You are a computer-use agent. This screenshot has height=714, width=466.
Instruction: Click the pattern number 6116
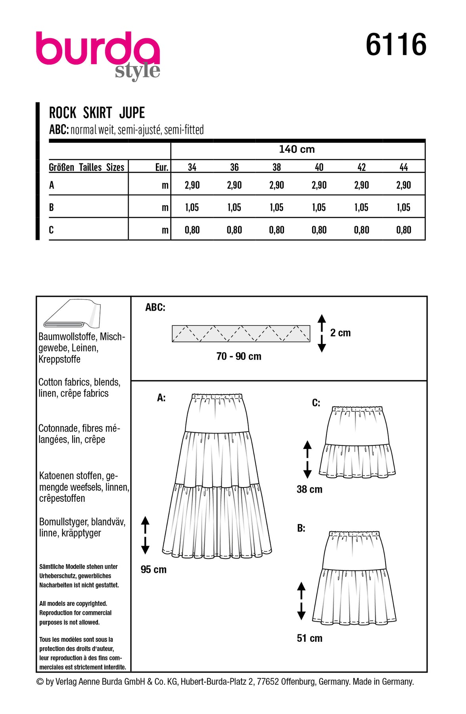point(396,45)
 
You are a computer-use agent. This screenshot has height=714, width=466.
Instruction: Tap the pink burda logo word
point(98,48)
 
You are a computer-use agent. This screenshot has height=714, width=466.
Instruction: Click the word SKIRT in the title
point(98,113)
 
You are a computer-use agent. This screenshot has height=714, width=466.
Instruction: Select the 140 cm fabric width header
point(297,150)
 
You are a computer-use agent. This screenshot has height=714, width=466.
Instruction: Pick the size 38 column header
point(277,167)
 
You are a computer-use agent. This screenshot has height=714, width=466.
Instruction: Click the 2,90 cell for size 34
point(192,185)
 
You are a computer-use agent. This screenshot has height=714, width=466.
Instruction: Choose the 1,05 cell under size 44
point(403,207)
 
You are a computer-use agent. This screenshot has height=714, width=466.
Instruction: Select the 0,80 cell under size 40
point(319,230)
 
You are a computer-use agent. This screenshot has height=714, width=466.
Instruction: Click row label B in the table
point(52,207)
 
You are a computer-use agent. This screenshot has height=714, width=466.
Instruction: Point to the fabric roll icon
point(72,314)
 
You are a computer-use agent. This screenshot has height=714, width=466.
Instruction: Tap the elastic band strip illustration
point(241,334)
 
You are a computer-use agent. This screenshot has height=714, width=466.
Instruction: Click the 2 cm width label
point(340,333)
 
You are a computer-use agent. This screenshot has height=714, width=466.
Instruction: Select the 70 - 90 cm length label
point(239,357)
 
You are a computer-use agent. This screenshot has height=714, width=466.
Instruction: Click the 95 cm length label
point(153,570)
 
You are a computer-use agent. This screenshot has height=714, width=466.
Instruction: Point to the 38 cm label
point(309,489)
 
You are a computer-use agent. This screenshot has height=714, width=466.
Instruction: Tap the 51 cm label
point(309,638)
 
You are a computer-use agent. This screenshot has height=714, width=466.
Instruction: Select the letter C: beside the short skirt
point(316,403)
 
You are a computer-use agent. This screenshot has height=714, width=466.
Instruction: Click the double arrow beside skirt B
point(301,601)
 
